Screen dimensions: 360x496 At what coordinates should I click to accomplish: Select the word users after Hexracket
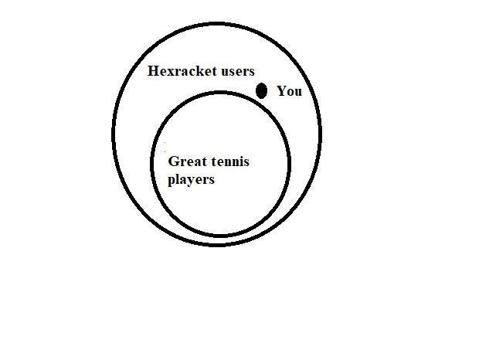(238, 71)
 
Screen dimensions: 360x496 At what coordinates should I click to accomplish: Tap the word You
(289, 91)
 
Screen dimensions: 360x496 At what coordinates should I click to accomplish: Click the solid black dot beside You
(262, 91)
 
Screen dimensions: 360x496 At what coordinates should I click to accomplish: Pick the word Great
(185, 162)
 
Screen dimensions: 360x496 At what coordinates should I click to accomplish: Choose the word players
(191, 180)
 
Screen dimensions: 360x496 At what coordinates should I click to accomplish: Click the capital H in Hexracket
(153, 71)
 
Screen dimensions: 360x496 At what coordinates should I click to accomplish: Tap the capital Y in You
(281, 91)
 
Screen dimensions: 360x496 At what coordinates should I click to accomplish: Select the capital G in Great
(173, 162)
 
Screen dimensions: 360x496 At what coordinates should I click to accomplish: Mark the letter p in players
(172, 182)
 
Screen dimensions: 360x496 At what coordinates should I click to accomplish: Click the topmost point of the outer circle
(217, 25)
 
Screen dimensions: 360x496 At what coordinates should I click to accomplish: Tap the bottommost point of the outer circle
(217, 245)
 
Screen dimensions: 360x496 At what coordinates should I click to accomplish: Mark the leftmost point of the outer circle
(114, 135)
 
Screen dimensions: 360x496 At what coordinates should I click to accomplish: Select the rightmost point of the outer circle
(321, 135)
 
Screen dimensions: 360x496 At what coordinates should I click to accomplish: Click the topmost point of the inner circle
(221, 93)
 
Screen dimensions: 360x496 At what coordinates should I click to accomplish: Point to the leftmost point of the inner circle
(152, 164)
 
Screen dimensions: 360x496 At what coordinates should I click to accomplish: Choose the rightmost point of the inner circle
(290, 164)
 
